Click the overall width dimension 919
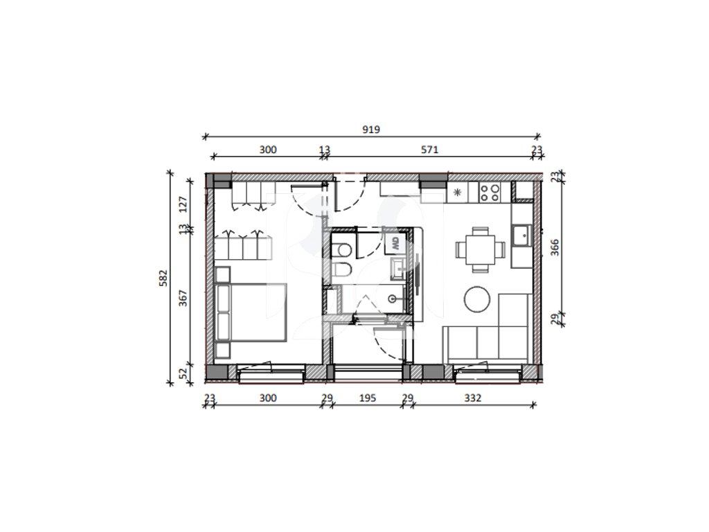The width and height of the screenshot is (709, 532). (371, 130)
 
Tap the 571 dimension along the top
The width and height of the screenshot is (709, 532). (429, 150)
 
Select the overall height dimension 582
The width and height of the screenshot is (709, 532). (163, 278)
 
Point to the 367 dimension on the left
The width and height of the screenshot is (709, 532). (183, 298)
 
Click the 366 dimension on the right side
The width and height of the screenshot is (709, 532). (555, 247)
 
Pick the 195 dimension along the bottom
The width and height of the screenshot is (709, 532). (367, 398)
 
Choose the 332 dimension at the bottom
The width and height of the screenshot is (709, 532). (472, 398)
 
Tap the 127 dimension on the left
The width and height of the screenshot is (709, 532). (183, 204)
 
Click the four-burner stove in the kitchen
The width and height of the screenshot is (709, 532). (490, 193)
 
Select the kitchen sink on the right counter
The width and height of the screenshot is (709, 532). (522, 236)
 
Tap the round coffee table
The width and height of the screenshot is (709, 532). (477, 299)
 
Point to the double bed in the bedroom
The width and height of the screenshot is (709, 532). (251, 312)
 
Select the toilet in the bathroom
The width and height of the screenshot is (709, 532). (342, 249)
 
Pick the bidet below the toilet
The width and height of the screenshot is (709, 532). (342, 269)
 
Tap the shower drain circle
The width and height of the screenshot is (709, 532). (393, 299)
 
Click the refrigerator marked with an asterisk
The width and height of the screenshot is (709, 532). (458, 193)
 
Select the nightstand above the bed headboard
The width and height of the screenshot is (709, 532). (223, 274)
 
